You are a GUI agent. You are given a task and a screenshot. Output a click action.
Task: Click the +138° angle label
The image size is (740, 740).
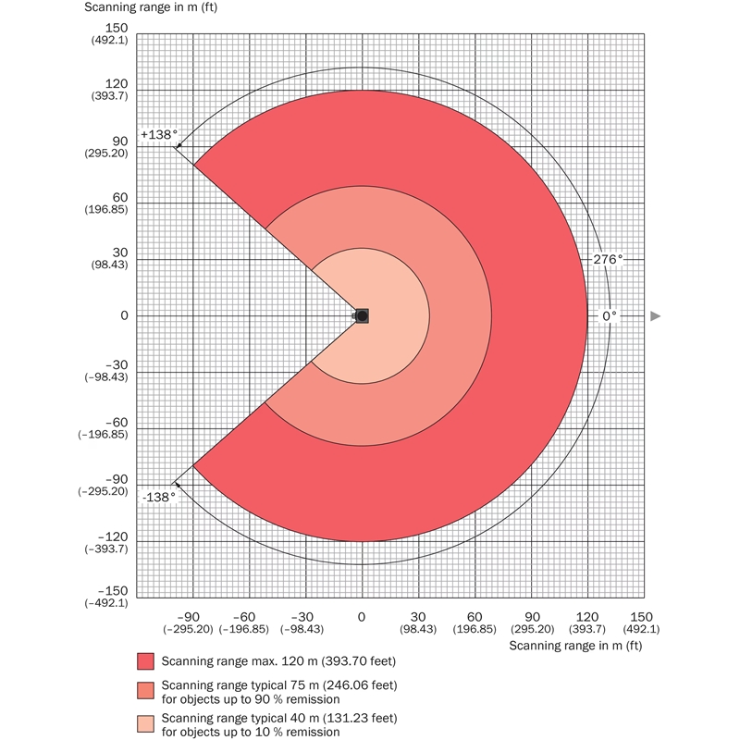158,134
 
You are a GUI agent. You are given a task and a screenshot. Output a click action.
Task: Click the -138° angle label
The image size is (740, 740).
158,497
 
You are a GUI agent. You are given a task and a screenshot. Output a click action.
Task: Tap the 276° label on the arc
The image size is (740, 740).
607,260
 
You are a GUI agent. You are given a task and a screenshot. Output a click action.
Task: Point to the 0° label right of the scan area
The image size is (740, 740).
609,315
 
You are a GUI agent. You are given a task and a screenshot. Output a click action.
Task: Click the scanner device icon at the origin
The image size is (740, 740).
362,315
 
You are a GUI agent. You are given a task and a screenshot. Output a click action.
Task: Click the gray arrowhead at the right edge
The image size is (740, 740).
656,316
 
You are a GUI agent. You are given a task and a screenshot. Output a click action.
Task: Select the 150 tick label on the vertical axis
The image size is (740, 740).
117,28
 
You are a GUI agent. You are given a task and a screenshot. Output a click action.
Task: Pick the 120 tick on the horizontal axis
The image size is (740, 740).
587,617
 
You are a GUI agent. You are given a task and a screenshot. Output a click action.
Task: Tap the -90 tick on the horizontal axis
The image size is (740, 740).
189,617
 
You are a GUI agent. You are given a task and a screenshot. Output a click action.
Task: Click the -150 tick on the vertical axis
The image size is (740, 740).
114,591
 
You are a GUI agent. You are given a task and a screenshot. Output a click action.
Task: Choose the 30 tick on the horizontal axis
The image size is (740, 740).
418,617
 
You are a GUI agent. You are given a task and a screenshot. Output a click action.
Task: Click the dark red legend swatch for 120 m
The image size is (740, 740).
145,661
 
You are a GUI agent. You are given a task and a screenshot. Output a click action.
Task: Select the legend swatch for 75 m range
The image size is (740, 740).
145,691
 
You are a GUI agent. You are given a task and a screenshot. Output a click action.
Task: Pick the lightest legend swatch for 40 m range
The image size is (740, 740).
145,724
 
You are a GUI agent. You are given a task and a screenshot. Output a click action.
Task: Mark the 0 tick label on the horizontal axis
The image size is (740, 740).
362,617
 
